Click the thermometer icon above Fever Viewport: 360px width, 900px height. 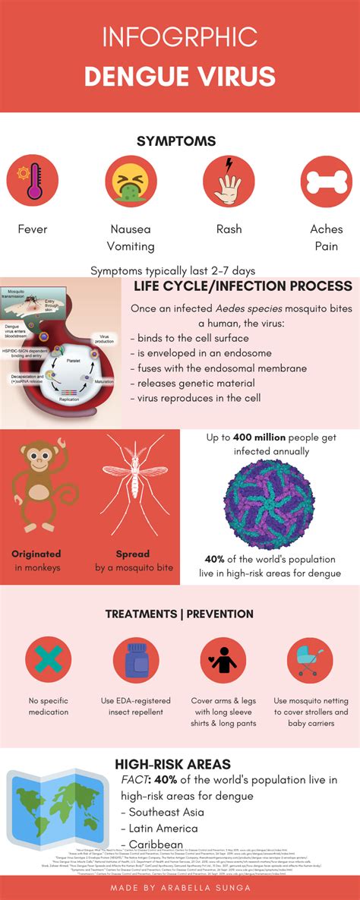click(33, 182)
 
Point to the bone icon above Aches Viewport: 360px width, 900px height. click(326, 182)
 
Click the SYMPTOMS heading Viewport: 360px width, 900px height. click(176, 141)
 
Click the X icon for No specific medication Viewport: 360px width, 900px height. click(49, 659)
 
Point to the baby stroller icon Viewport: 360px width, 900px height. click(310, 659)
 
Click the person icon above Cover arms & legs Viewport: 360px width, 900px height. click(223, 659)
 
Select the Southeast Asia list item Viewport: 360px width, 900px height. click(163, 812)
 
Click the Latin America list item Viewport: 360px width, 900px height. click(163, 828)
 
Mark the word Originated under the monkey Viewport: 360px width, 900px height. click(36, 554)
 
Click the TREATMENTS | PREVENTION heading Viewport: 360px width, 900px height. click(179, 614)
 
